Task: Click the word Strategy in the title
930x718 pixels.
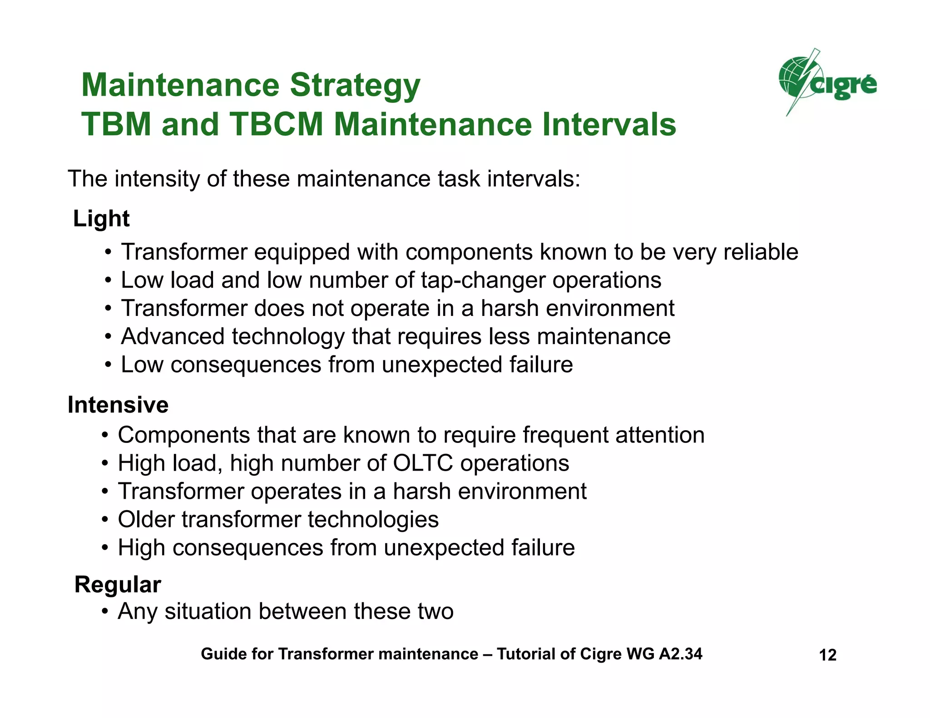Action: click(x=355, y=85)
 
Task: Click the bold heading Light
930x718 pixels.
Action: click(x=101, y=219)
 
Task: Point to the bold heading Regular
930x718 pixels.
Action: click(x=118, y=584)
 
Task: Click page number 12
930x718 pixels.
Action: click(x=827, y=655)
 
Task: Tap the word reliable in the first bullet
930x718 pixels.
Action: click(x=761, y=252)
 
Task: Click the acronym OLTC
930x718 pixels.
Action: click(x=423, y=463)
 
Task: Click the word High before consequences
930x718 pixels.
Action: click(x=142, y=548)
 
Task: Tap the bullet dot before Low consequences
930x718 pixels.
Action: click(x=108, y=365)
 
